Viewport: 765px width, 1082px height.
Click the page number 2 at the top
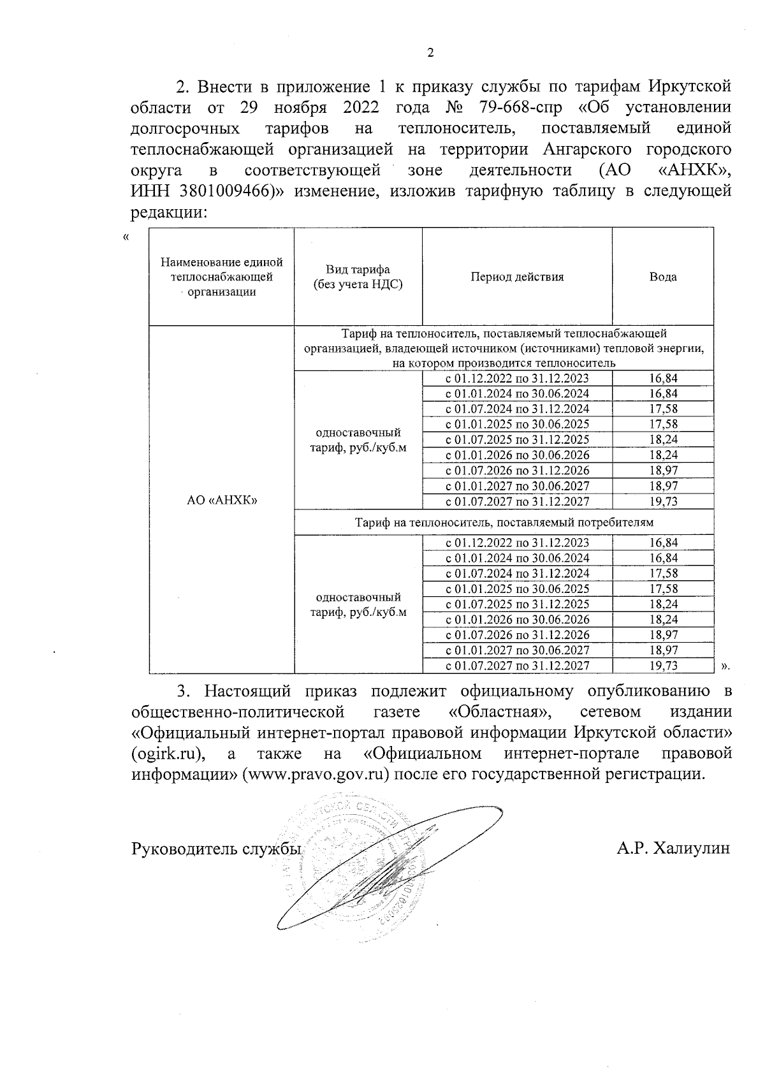click(430, 53)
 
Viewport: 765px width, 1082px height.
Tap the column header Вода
click(662, 277)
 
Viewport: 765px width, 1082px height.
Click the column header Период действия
click(517, 277)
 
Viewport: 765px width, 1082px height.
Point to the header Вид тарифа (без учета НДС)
click(358, 277)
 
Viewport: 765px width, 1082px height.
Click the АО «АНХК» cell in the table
click(221, 501)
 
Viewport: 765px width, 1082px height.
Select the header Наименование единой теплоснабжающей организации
click(221, 277)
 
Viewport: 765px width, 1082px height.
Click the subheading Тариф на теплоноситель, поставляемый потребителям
click(504, 522)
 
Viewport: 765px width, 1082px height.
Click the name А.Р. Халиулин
click(673, 848)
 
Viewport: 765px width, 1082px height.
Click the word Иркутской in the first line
click(690, 85)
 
